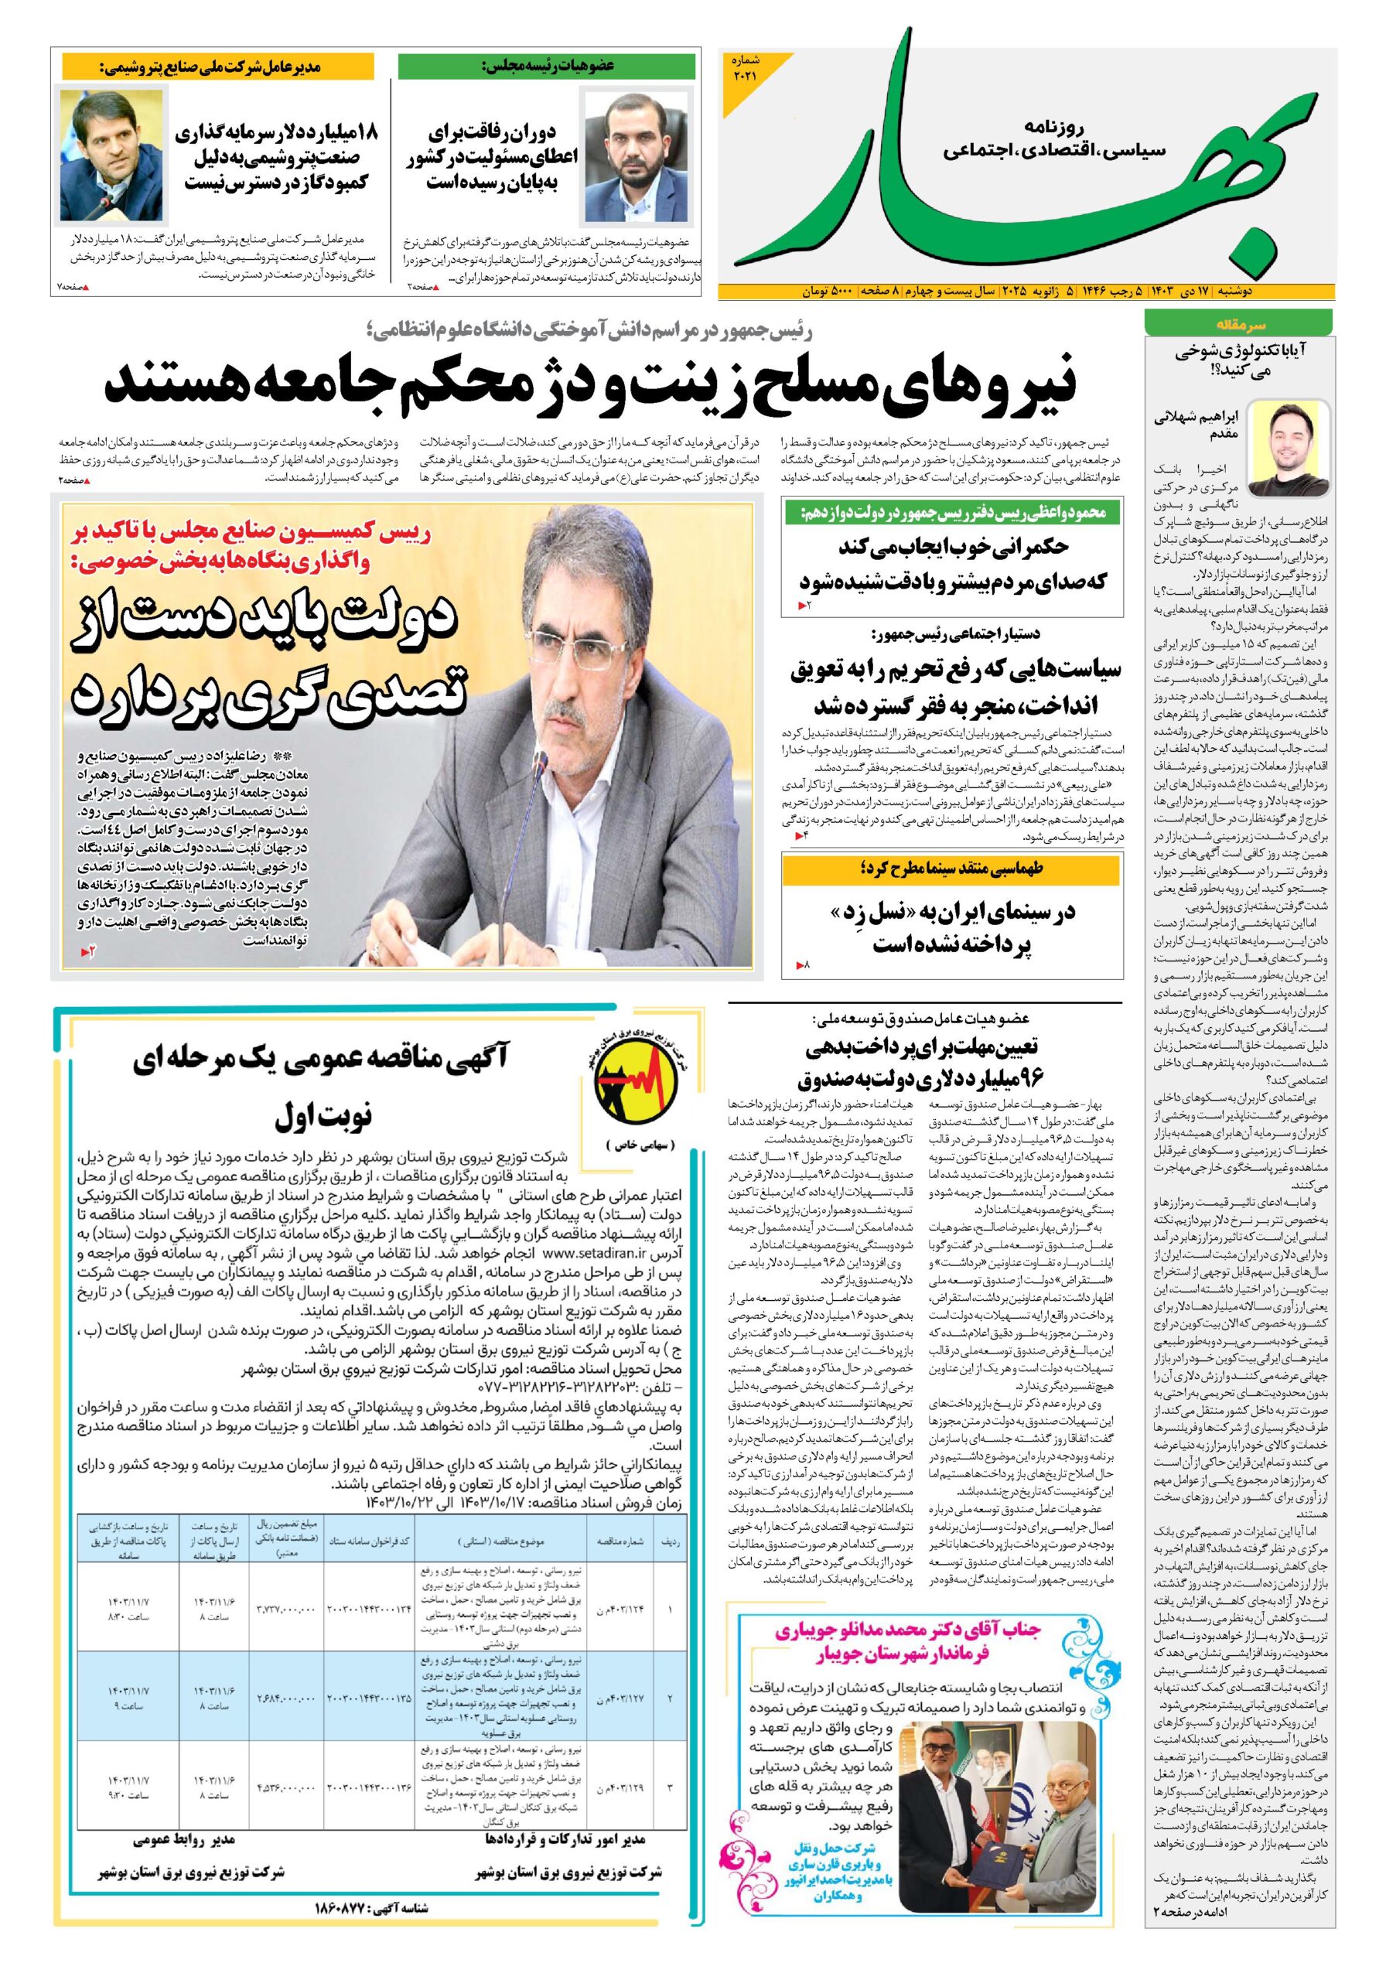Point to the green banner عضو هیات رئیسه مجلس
(547, 66)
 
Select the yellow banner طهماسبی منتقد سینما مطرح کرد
(952, 869)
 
